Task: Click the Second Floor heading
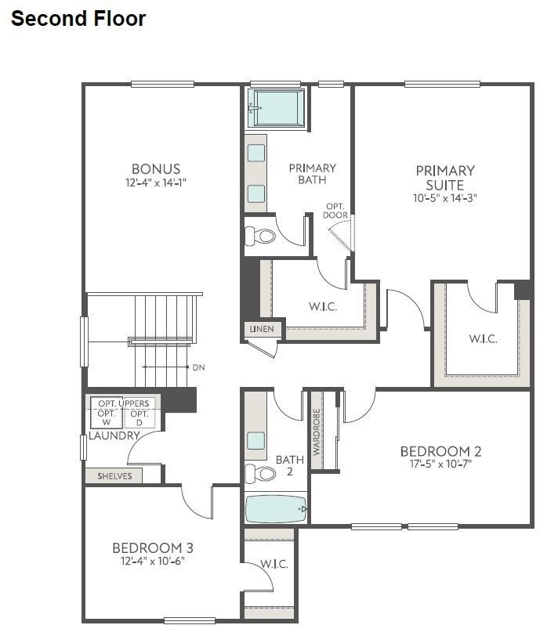(78, 19)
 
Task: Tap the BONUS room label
(156, 168)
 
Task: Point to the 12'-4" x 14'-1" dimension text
(156, 182)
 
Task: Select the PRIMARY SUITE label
(445, 178)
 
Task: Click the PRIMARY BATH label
(312, 174)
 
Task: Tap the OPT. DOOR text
(336, 211)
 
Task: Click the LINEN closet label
(262, 329)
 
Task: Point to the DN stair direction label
(198, 367)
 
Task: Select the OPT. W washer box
(107, 417)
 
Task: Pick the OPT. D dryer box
(139, 417)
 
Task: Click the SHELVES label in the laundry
(114, 475)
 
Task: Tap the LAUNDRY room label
(114, 435)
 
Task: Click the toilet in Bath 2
(262, 473)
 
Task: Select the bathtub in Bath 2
(277, 510)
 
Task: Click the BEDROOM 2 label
(440, 451)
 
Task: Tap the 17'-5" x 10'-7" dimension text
(440, 464)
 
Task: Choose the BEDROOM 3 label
(153, 547)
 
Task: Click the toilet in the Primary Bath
(262, 234)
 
